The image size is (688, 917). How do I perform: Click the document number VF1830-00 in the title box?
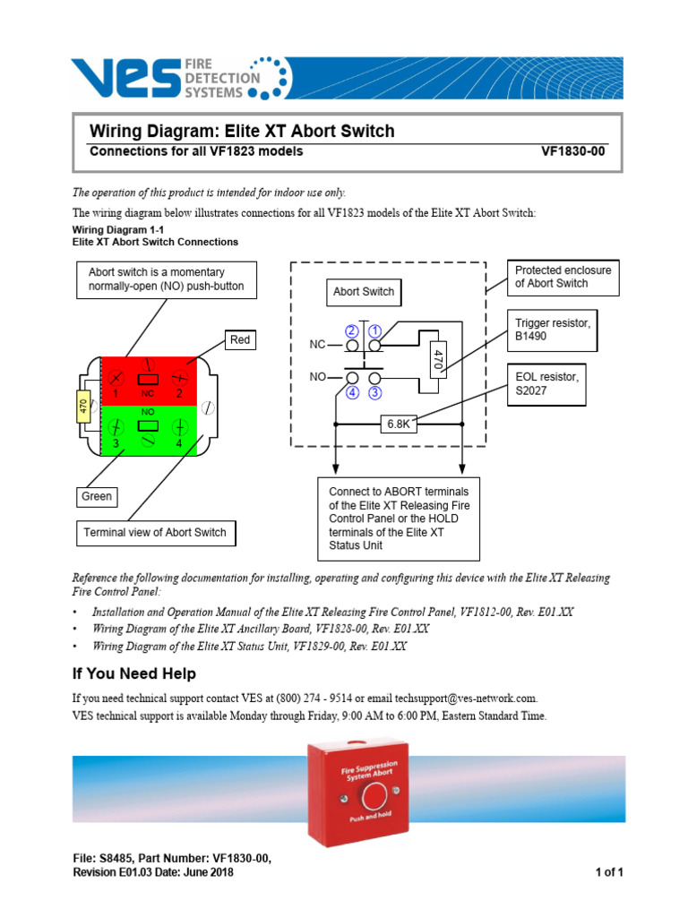coord(572,152)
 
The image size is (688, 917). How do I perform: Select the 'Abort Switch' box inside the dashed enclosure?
coord(363,292)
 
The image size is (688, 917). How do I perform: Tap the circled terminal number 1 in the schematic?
coord(374,330)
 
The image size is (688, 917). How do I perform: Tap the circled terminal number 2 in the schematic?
coord(351,330)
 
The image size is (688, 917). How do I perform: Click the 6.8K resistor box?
coord(399,424)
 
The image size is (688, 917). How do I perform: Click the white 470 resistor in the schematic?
coord(438,360)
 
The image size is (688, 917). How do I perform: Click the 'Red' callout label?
coord(241,339)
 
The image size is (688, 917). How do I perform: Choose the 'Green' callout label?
coord(97,496)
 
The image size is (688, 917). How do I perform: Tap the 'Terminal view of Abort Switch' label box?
coord(156,533)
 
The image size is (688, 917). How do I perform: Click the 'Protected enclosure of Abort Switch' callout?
coord(563,277)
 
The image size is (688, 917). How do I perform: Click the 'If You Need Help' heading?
coord(133,673)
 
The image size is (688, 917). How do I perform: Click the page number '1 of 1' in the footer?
coord(608,873)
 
